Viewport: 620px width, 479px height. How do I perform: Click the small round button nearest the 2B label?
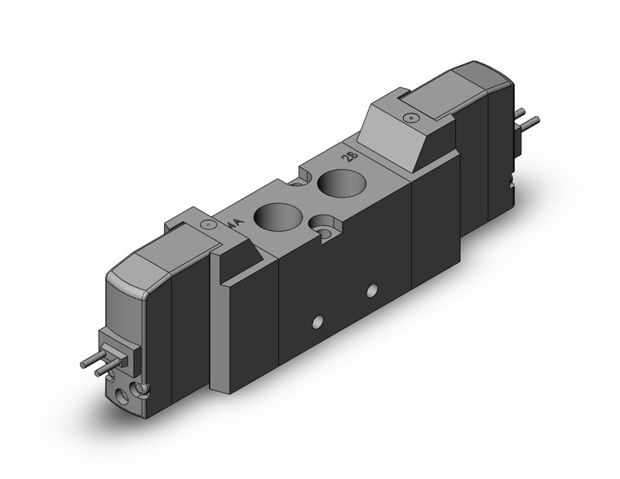click(x=410, y=119)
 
